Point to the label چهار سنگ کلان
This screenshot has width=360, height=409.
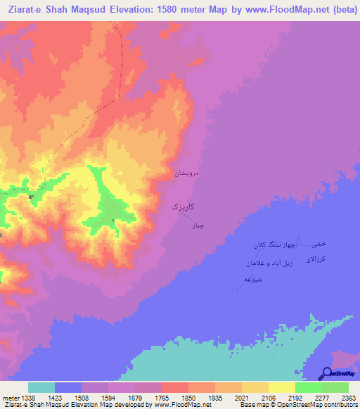click(x=268, y=245)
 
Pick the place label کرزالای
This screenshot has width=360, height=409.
click(x=314, y=259)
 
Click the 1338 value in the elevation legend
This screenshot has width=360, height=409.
click(x=27, y=398)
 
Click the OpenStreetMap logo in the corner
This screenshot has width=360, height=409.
click(x=337, y=374)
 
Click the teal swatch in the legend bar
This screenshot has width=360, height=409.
click(x=41, y=387)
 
